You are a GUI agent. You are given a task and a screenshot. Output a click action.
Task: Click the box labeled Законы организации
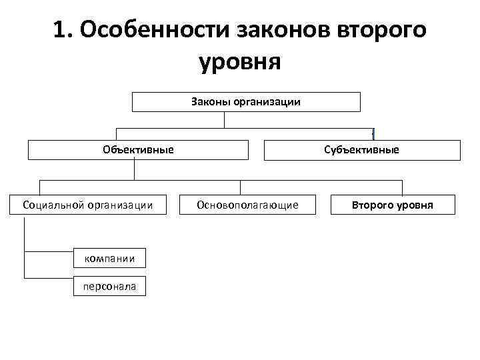(246, 102)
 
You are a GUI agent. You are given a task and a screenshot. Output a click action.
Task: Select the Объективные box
(138, 150)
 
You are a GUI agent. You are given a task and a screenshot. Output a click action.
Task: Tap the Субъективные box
(362, 150)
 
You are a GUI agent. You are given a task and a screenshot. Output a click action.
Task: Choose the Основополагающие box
(247, 205)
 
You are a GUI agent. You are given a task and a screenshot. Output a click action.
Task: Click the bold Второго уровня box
(393, 205)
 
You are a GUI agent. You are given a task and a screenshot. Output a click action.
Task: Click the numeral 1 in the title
(61, 31)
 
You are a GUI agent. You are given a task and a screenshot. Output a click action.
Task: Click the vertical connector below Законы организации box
(225, 119)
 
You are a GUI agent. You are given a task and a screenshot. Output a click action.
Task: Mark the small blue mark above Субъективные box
(374, 133)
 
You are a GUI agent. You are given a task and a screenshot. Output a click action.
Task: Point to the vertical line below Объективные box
(135, 170)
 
